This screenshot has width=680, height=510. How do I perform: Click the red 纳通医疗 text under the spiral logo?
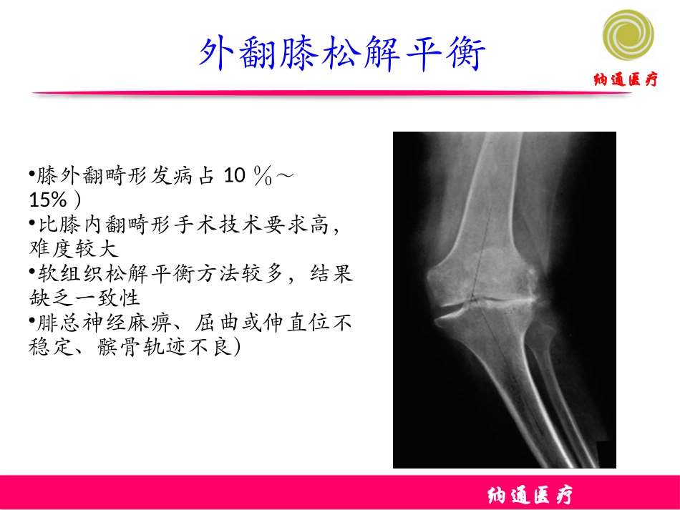(626, 79)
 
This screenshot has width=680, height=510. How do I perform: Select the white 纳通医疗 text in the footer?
(530, 495)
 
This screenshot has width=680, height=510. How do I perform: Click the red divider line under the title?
(329, 94)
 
